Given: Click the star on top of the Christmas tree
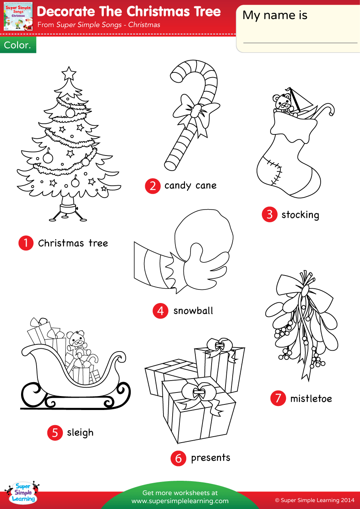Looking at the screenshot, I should click(x=69, y=73).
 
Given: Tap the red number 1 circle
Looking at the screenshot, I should click(x=26, y=243).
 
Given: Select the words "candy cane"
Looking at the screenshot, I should click(x=190, y=185).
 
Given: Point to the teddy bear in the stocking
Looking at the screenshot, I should click(x=283, y=102).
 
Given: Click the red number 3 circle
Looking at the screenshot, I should click(x=269, y=215).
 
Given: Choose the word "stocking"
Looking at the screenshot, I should click(x=300, y=215).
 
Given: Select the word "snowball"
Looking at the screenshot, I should click(x=193, y=311).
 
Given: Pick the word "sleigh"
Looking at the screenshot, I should click(x=80, y=432).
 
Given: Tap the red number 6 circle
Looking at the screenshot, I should click(x=178, y=458).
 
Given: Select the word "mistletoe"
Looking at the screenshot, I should click(x=311, y=398).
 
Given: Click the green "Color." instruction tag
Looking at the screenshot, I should click(x=18, y=45).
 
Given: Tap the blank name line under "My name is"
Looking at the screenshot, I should click(x=300, y=43).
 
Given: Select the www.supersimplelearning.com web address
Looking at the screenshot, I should click(x=180, y=501).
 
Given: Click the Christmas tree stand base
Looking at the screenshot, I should click(x=68, y=209).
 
